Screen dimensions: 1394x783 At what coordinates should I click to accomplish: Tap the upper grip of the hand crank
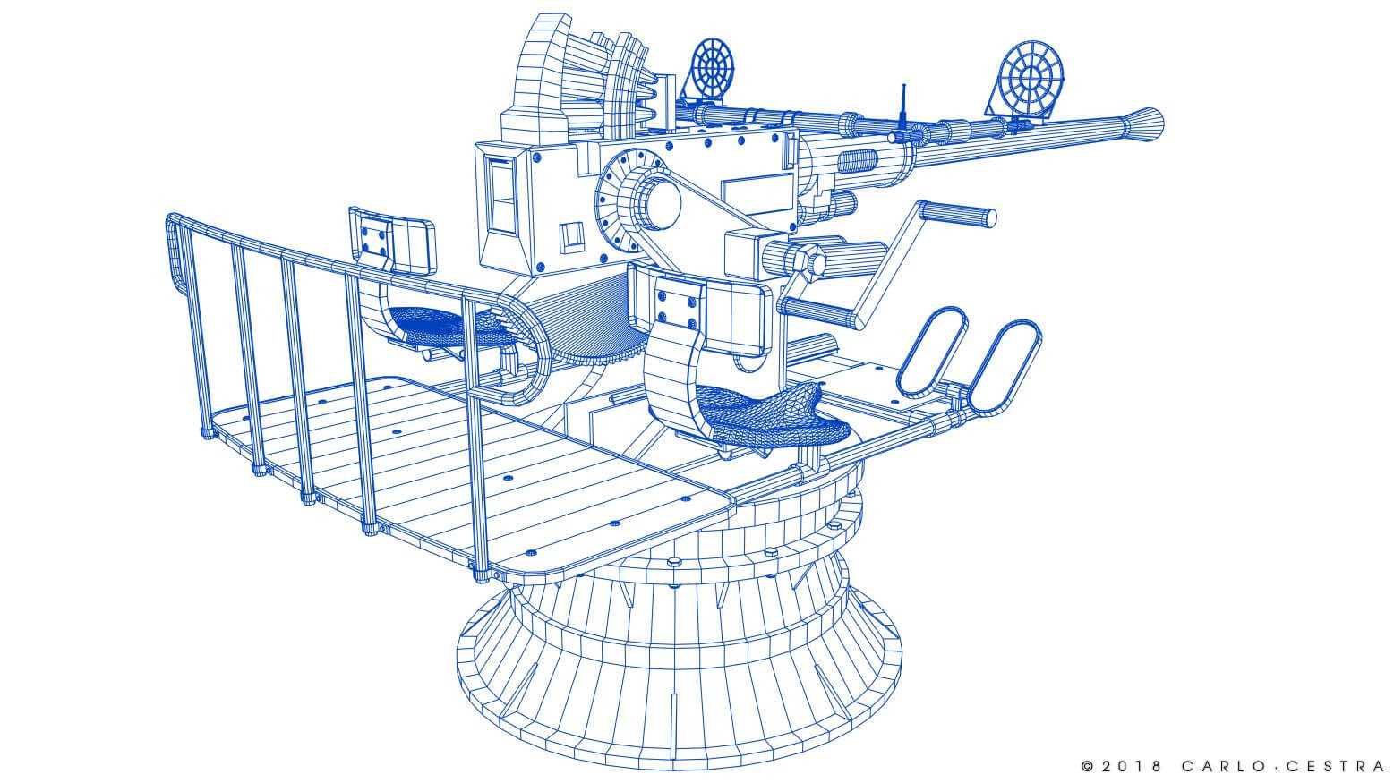(x=957, y=214)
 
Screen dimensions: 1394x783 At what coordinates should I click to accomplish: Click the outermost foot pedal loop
(x=1005, y=367)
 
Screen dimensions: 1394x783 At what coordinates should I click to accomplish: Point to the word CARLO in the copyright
(x=1219, y=766)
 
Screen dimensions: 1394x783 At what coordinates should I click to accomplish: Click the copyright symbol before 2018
(x=1088, y=766)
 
